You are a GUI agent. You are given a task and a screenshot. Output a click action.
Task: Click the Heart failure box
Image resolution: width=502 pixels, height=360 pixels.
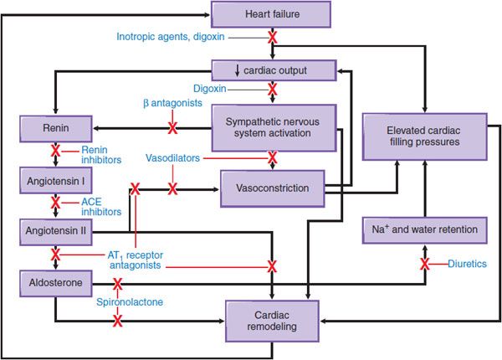(x=271, y=13)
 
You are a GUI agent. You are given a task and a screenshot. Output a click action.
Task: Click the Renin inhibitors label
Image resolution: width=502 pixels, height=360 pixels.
(x=102, y=154)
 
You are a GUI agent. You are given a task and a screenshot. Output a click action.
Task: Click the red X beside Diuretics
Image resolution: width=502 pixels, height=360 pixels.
(x=425, y=265)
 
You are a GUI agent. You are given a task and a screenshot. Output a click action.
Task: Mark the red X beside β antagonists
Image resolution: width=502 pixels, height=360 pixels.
(x=173, y=127)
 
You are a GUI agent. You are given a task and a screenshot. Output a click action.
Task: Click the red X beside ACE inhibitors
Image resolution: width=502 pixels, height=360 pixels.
(x=56, y=203)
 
